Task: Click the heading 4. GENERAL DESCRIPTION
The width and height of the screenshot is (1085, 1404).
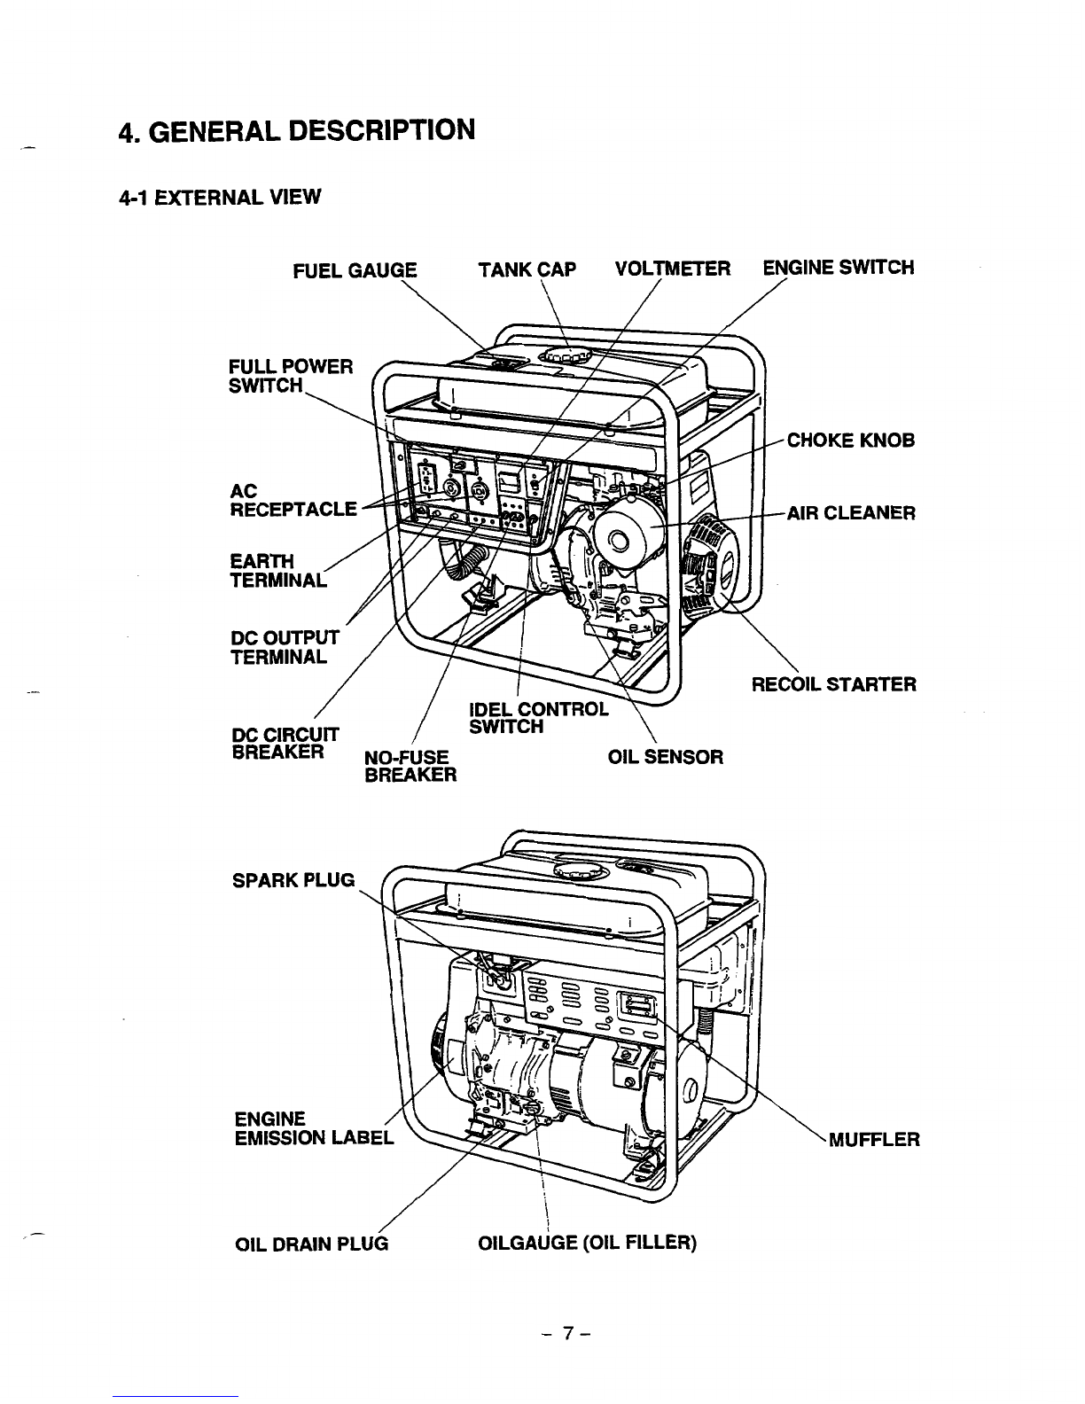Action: pyautogui.click(x=297, y=130)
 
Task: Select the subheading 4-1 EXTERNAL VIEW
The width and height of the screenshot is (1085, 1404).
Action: pyautogui.click(x=216, y=196)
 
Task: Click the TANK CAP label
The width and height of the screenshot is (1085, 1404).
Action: pyautogui.click(x=527, y=269)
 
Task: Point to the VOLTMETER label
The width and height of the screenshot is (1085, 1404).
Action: pyautogui.click(x=673, y=269)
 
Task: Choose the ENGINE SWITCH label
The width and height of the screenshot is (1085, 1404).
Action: pyautogui.click(x=838, y=268)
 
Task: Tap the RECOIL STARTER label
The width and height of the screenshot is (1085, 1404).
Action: pyautogui.click(x=834, y=684)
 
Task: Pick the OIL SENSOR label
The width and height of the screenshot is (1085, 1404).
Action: pyautogui.click(x=666, y=757)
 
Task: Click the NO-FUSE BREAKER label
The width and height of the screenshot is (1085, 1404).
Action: pyautogui.click(x=410, y=767)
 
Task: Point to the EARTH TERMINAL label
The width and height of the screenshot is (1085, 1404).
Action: pyautogui.click(x=277, y=571)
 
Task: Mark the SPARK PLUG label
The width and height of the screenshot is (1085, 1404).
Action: pyautogui.click(x=293, y=881)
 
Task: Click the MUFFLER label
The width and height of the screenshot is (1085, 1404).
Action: pyautogui.click(x=874, y=1139)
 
